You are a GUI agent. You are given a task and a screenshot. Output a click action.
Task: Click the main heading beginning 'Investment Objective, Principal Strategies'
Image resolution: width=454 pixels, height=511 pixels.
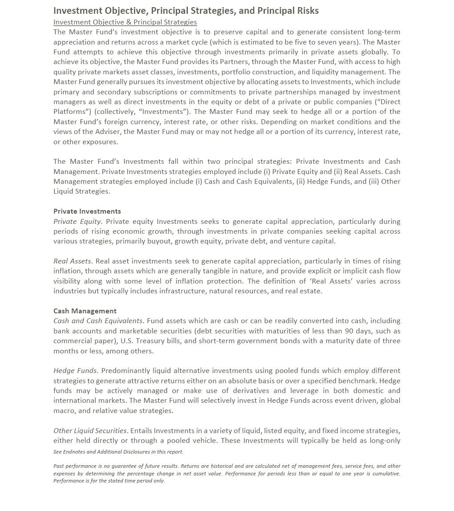[186, 11]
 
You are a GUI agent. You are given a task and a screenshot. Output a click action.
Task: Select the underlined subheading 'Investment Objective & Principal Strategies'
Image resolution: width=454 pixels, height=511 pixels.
[125, 22]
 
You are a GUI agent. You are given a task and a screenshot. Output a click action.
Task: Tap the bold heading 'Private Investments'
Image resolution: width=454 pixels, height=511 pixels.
[87, 211]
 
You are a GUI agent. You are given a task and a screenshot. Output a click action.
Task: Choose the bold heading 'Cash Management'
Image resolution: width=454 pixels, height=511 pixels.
[85, 311]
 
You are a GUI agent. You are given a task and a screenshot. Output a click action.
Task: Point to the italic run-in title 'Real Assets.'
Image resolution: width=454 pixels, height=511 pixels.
[73, 261]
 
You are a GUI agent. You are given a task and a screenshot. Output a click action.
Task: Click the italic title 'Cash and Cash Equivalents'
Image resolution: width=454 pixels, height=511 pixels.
[98, 320]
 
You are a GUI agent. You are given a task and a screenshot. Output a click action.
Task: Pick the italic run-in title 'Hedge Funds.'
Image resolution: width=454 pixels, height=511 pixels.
[75, 370]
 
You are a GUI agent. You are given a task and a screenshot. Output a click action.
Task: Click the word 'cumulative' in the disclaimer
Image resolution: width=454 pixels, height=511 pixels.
[383, 473]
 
